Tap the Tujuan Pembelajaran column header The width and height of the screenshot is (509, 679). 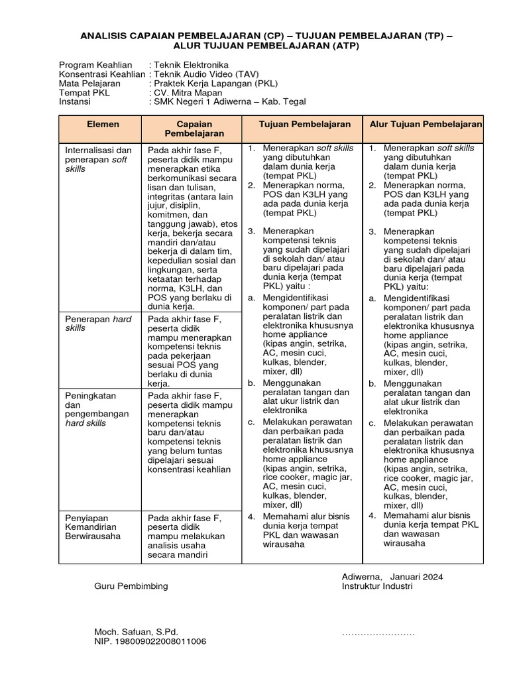305,124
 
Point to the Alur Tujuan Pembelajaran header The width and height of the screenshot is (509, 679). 426,124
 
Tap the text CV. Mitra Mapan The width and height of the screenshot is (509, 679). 184,93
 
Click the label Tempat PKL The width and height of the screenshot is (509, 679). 84,93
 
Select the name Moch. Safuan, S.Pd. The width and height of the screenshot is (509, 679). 136,632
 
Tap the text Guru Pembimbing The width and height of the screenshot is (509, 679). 131,586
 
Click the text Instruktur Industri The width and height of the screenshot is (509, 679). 377,586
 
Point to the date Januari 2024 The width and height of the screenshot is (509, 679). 417,576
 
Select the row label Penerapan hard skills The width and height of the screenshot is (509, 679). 98,324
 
